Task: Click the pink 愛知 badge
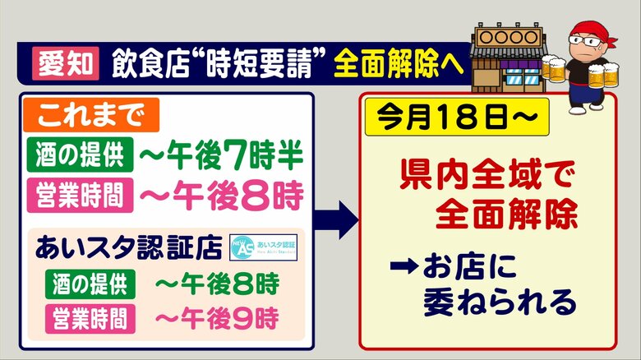pos(66,63)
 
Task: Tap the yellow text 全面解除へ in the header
pos(399,63)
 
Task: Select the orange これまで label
pos(91,115)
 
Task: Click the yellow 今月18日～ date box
pos(457,117)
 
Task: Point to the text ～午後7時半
pos(221,155)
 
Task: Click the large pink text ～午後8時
pos(222,195)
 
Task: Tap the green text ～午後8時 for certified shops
pos(217,284)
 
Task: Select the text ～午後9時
pos(217,319)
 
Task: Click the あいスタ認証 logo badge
pos(264,247)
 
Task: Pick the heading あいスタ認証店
pos(128,247)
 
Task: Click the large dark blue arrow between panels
pos(335,220)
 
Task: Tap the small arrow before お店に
pos(404,267)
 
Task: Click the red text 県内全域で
pos(487,175)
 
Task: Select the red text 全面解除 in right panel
pos(506,214)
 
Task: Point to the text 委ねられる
pos(500,302)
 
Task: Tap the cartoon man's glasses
pos(585,41)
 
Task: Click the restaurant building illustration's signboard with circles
pos(508,37)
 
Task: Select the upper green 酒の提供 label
pos(81,155)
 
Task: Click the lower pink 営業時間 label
pos(90,319)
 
